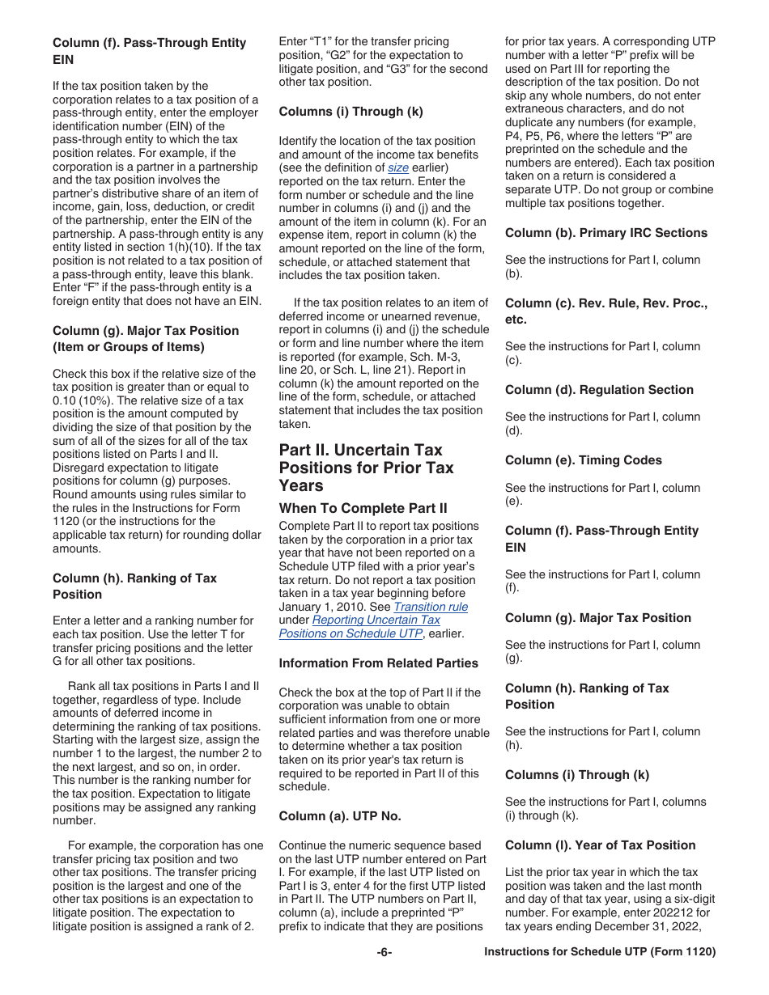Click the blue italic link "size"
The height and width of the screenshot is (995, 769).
[397, 167]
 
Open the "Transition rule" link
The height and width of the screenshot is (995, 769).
[431, 607]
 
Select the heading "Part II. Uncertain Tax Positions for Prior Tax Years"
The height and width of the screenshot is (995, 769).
[366, 468]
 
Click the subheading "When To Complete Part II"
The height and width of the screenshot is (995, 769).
[363, 508]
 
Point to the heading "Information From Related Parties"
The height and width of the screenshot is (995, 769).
[378, 663]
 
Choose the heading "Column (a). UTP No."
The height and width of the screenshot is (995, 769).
[339, 815]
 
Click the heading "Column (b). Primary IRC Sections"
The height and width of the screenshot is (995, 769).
[605, 232]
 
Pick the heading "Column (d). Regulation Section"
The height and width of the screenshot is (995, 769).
[599, 389]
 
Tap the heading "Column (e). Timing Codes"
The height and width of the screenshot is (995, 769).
[583, 459]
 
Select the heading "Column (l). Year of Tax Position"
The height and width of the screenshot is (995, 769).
[600, 845]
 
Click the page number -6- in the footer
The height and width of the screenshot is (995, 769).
[384, 952]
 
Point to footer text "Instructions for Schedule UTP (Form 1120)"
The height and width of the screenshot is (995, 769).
[600, 952]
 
